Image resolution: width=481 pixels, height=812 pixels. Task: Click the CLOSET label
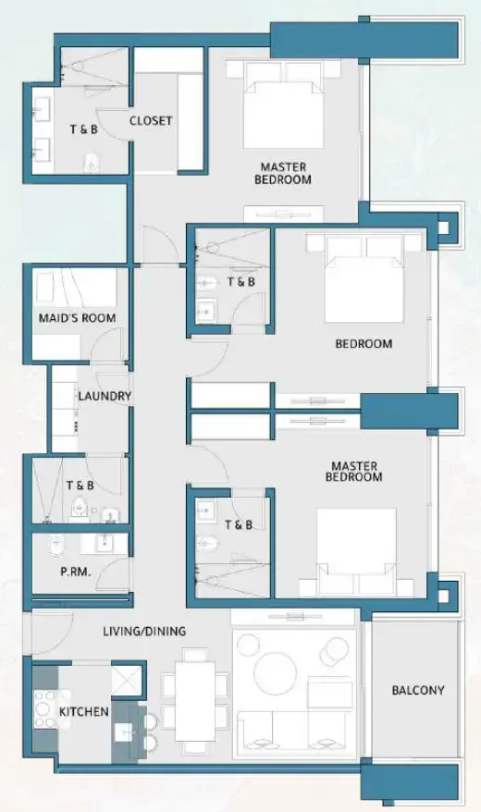(151, 120)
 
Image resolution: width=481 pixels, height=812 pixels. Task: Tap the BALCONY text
(417, 690)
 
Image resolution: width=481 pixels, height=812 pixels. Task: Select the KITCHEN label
(84, 712)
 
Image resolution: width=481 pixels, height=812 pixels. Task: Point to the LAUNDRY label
(105, 396)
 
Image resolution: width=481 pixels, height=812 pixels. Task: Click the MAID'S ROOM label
(77, 318)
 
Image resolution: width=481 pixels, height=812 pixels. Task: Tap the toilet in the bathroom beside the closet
(90, 163)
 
